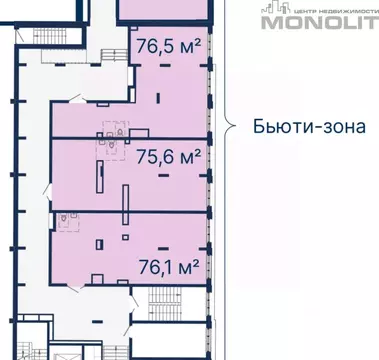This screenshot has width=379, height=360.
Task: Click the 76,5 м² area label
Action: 166,46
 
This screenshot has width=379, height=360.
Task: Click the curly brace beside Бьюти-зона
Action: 229,126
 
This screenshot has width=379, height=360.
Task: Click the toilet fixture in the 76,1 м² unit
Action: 66,224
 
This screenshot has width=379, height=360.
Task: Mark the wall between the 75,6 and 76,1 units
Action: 130,211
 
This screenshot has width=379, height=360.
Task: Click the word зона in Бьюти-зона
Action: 341,127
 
